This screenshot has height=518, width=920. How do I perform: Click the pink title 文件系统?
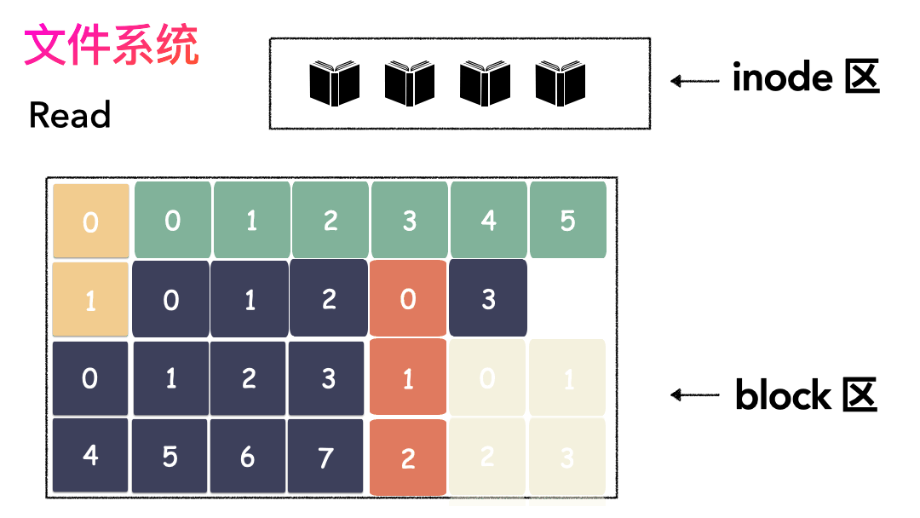[x=112, y=46]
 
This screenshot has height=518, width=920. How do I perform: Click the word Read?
[x=70, y=115]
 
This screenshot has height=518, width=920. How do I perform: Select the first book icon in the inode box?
[x=334, y=83]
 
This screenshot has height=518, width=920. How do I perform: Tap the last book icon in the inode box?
[x=561, y=83]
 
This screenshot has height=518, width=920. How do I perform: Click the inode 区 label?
[x=805, y=78]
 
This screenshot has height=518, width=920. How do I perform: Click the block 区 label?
[x=806, y=395]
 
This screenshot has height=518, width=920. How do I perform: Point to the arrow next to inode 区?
[x=695, y=81]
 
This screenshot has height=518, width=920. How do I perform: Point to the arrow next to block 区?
[x=695, y=395]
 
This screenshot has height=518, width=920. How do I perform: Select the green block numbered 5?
[x=568, y=220]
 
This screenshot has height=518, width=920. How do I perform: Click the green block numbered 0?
[x=173, y=220]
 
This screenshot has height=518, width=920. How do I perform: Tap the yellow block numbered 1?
[x=90, y=299]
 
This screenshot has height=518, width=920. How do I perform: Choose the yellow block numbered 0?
[x=91, y=222]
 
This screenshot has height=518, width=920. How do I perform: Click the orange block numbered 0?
[x=408, y=299]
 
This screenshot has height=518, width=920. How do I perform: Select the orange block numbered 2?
[x=408, y=458]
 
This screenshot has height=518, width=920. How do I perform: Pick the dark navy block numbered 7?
[x=326, y=456]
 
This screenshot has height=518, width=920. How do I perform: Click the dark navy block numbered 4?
[x=90, y=455]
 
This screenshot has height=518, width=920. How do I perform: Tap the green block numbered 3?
[x=410, y=220]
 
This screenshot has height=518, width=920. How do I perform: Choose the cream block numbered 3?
[x=567, y=457]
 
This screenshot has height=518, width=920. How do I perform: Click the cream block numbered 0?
[x=487, y=377]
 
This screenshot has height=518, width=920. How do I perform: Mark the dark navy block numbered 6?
[x=247, y=456]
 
